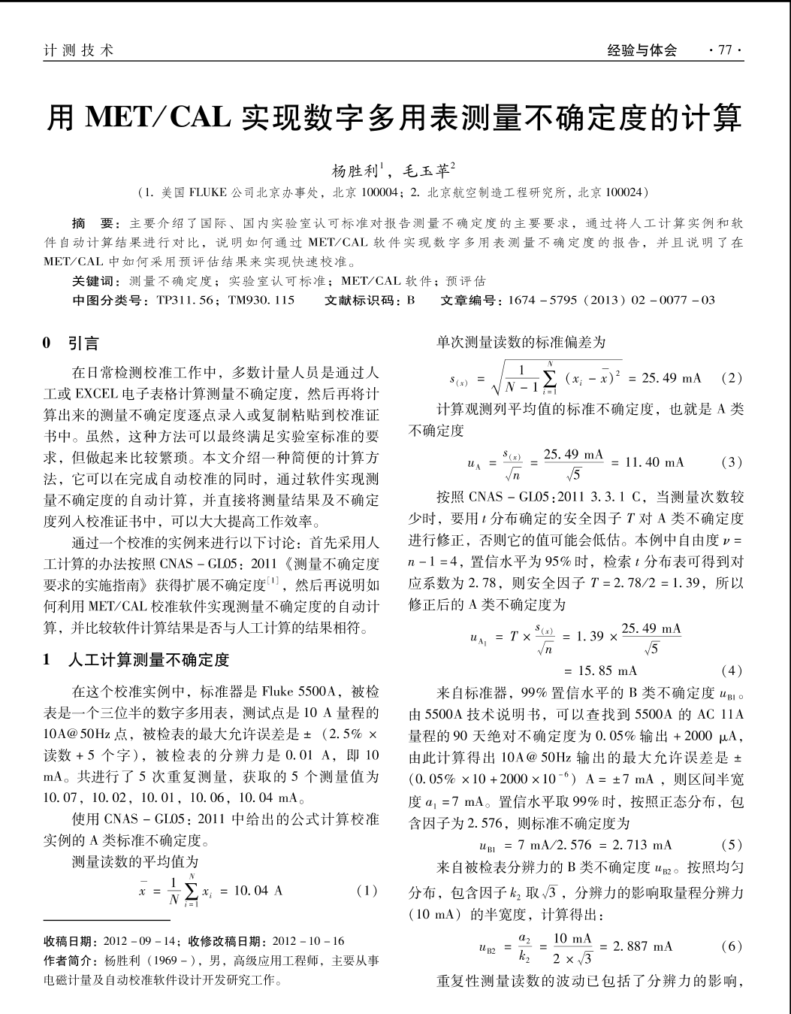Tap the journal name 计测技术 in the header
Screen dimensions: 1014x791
[79, 50]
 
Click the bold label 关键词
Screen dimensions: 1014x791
[96, 281]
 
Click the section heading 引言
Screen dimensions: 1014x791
[83, 344]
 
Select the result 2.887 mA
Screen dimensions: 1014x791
[643, 946]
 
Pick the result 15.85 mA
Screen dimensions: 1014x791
[600, 670]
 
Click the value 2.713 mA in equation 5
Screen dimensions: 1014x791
[642, 845]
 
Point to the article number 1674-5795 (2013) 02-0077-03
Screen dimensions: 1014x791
[611, 301]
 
